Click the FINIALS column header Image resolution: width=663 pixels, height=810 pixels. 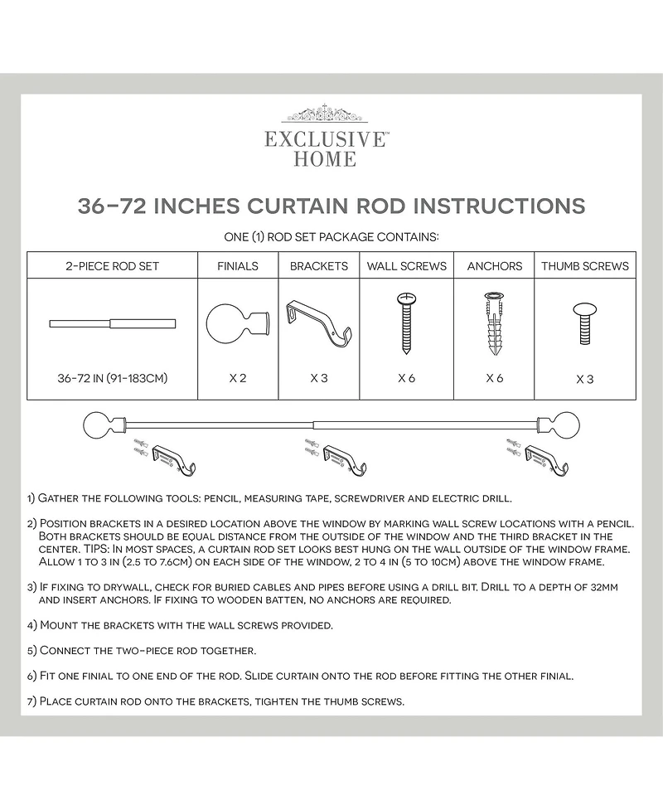[238, 266]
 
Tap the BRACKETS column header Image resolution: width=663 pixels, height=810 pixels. [319, 266]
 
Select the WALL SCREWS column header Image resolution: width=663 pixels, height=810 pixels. [407, 266]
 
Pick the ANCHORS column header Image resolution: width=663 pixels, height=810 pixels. [495, 266]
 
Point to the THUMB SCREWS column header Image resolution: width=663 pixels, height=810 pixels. [585, 266]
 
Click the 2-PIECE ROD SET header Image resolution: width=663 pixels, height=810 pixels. [112, 266]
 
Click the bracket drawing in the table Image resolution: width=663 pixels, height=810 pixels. [319, 323]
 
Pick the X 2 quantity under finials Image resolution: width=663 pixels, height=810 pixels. [238, 378]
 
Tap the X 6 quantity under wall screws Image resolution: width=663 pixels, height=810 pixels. [406, 378]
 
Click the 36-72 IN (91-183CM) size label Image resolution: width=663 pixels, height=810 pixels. [113, 378]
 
